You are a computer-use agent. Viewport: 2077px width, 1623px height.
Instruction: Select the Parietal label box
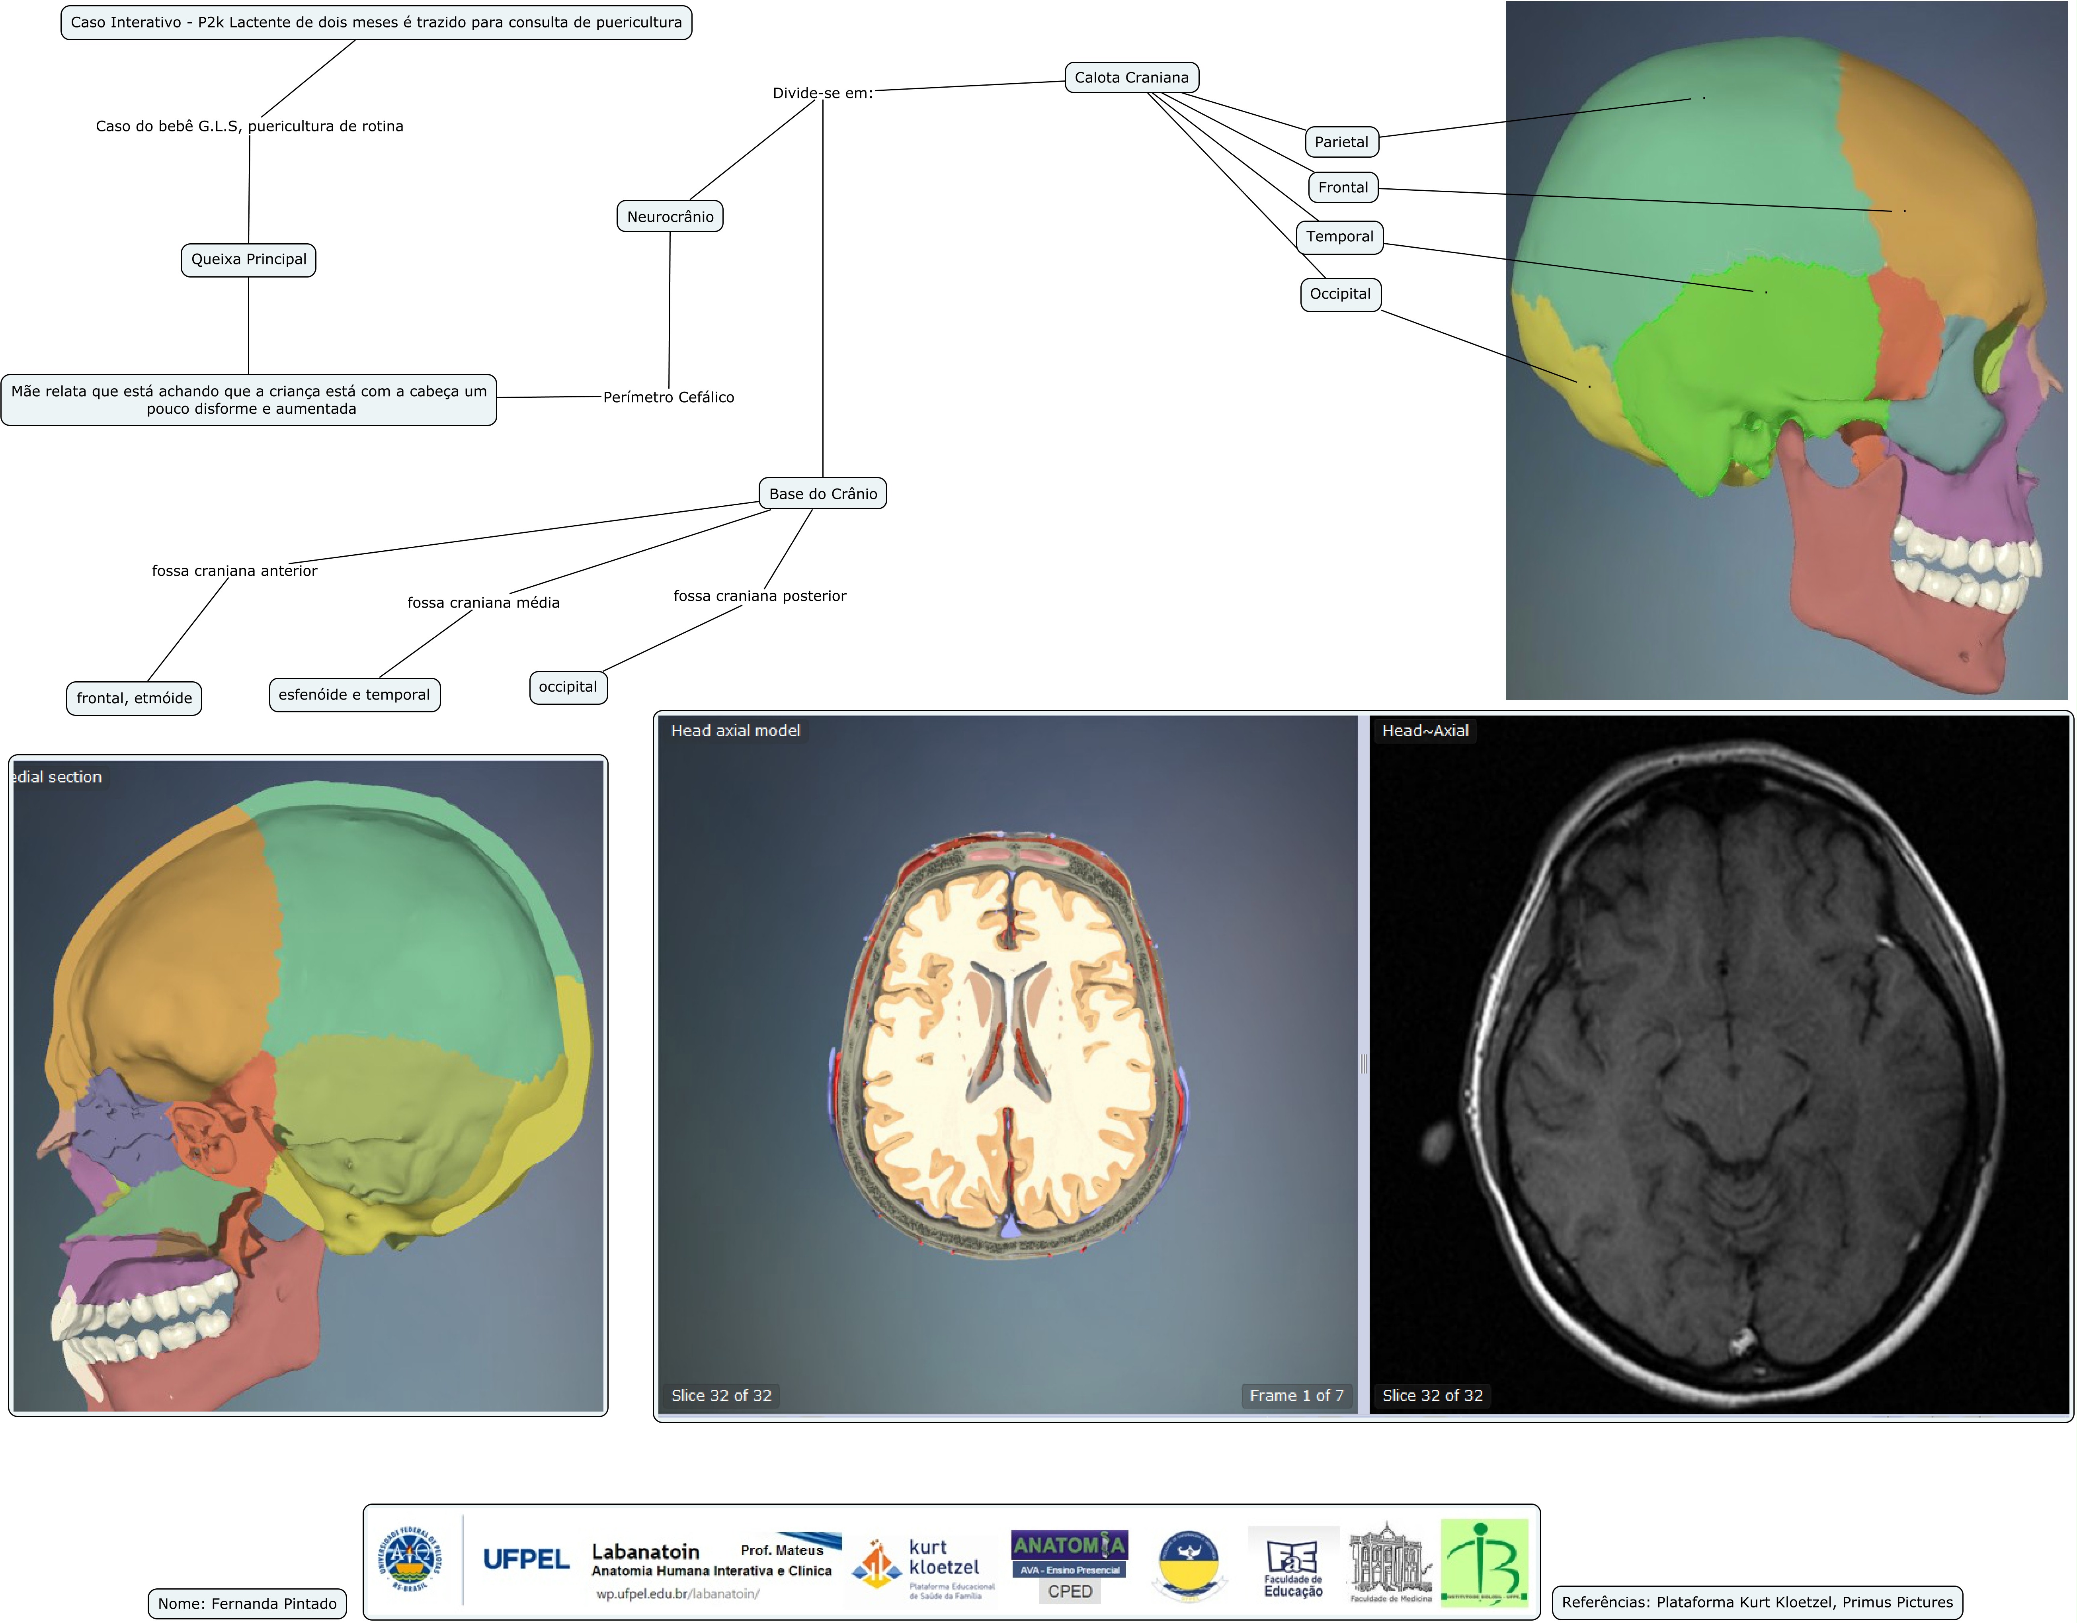pyautogui.click(x=1341, y=142)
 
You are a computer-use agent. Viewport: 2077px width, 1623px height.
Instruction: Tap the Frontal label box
pyautogui.click(x=1343, y=188)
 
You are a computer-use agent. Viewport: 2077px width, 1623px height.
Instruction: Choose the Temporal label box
pyautogui.click(x=1339, y=236)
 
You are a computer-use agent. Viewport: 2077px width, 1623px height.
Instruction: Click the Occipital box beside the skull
pyautogui.click(x=1340, y=294)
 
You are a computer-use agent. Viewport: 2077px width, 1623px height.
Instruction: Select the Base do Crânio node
pyautogui.click(x=823, y=494)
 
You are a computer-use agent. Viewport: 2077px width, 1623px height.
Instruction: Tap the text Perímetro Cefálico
pyautogui.click(x=669, y=397)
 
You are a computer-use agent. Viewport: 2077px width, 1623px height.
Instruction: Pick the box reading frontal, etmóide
pyautogui.click(x=134, y=698)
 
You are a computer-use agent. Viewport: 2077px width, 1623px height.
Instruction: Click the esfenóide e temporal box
pyautogui.click(x=354, y=694)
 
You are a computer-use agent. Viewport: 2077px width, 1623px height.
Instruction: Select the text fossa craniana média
pyautogui.click(x=483, y=602)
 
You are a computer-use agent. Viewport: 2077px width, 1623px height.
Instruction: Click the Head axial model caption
pyautogui.click(x=735, y=731)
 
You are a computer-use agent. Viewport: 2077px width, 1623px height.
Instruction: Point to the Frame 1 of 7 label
pyautogui.click(x=1296, y=1396)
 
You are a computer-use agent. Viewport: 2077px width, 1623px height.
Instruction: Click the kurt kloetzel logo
pyautogui.click(x=923, y=1565)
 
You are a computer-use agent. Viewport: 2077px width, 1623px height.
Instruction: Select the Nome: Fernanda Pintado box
pyautogui.click(x=247, y=1604)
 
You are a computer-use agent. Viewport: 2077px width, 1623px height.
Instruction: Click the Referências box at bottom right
pyautogui.click(x=1757, y=1602)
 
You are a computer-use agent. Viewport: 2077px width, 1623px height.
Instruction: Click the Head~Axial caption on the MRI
pyautogui.click(x=1425, y=731)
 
